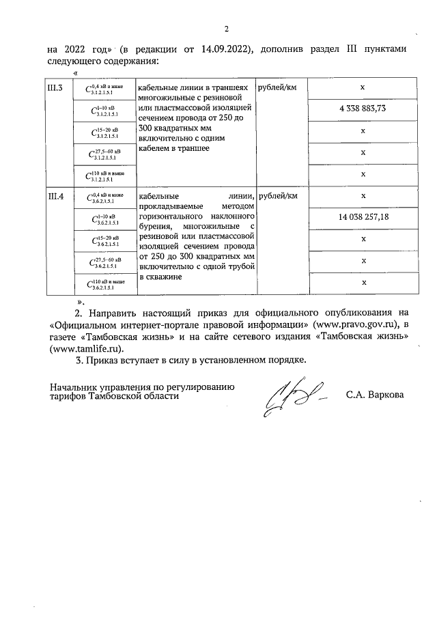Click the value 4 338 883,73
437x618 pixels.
pos(363,109)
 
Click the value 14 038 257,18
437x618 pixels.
pos(363,217)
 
